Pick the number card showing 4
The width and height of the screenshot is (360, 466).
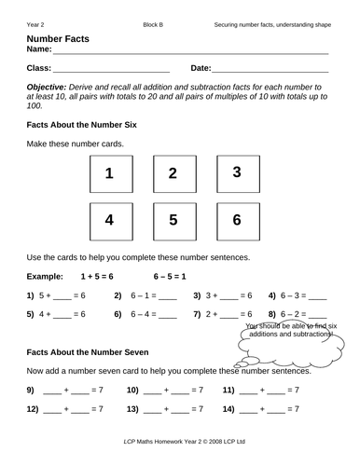[x=109, y=222]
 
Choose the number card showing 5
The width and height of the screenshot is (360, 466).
[x=172, y=222]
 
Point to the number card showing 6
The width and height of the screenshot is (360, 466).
[x=236, y=222]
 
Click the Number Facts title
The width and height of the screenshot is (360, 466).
[x=58, y=35]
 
